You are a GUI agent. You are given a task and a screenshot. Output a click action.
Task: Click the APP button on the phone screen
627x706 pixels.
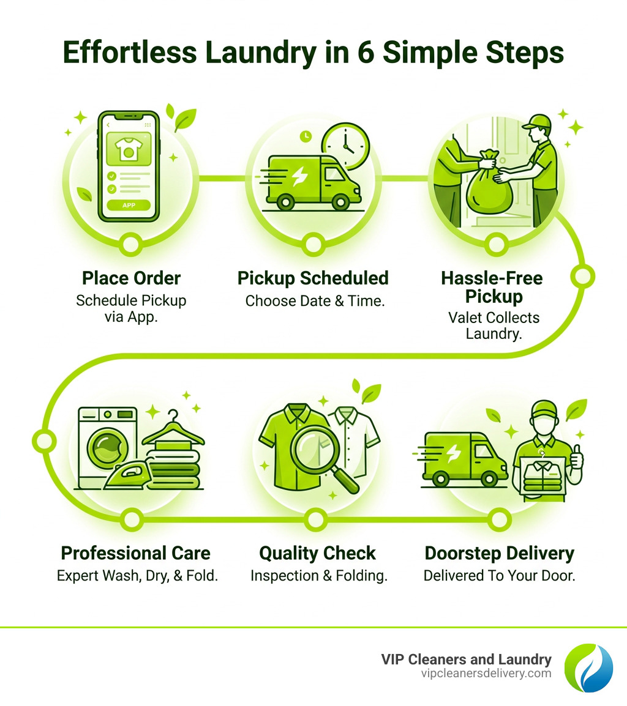(x=129, y=205)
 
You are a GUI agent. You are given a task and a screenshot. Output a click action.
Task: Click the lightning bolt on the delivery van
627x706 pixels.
(x=454, y=453)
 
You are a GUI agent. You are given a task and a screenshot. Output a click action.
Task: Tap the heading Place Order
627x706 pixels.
(x=131, y=278)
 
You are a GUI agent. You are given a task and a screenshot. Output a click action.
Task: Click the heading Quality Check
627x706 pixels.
(x=317, y=553)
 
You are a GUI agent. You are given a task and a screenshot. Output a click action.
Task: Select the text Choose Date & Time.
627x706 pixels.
(x=315, y=301)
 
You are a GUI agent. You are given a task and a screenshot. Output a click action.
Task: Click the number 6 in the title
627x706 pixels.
(x=372, y=53)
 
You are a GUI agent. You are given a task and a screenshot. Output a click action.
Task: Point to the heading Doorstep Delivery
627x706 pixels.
(x=500, y=553)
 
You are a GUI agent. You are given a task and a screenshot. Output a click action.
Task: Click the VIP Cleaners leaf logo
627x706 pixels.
(x=588, y=667)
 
